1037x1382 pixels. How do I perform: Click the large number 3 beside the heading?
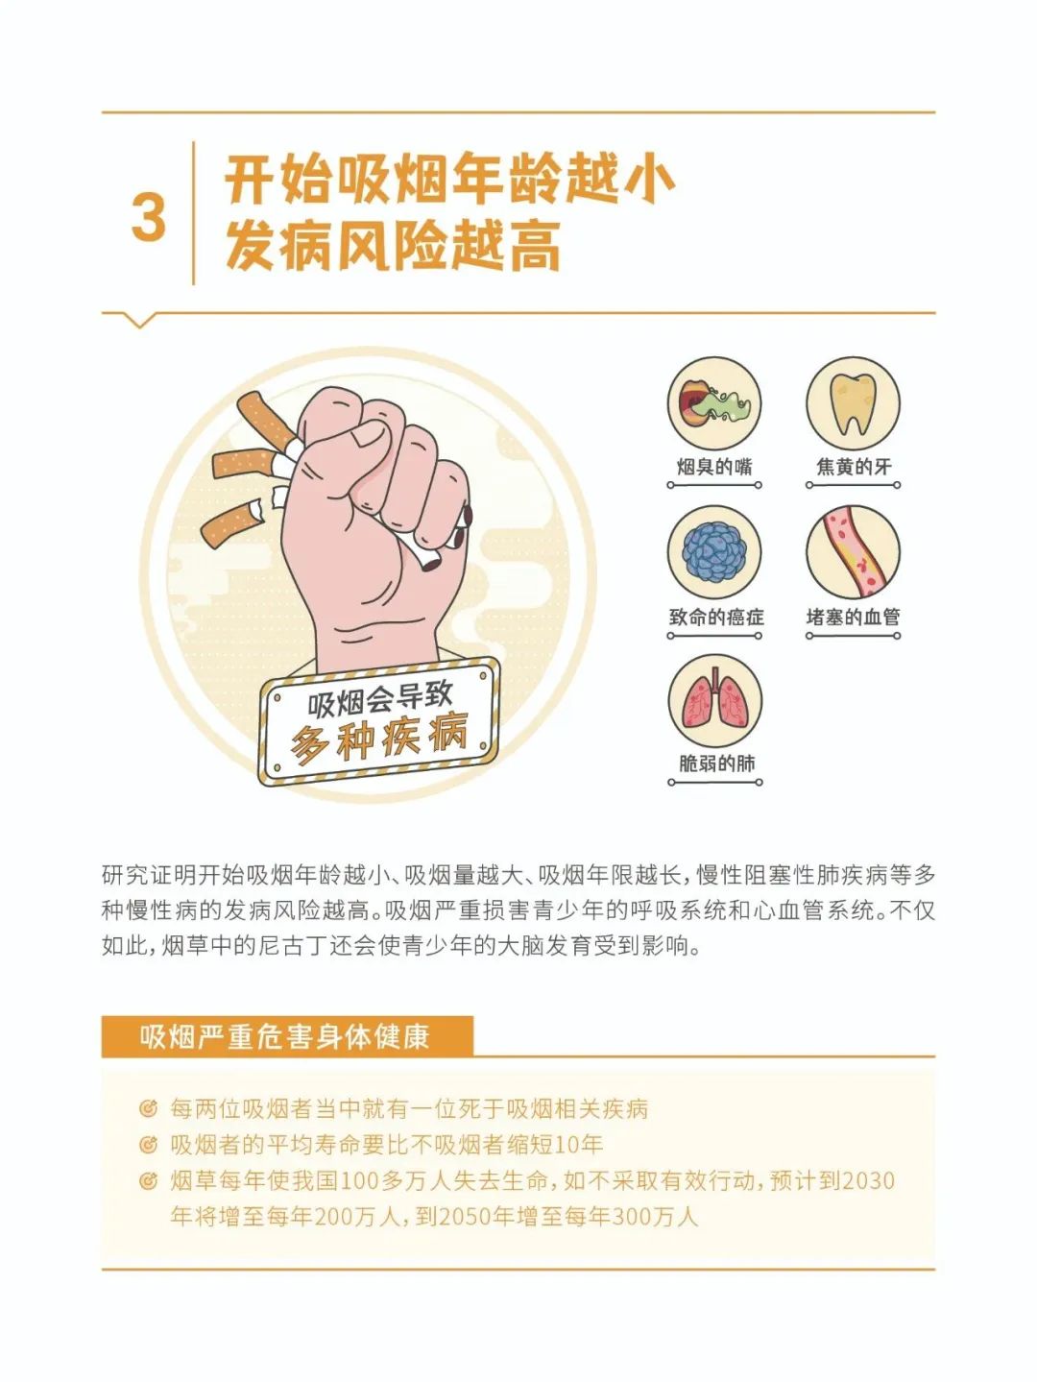coord(149,217)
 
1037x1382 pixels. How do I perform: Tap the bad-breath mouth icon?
coord(714,403)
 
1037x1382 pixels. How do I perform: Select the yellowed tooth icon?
coord(853,403)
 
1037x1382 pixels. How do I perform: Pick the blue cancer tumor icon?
coord(714,552)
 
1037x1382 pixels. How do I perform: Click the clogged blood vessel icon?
coord(853,552)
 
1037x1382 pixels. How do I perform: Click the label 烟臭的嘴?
coord(714,467)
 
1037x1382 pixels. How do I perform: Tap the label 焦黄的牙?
coord(854,467)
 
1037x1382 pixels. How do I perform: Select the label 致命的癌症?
coord(715,617)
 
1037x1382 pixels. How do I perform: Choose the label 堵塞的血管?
coord(854,617)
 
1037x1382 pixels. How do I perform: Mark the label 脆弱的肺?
coord(716,764)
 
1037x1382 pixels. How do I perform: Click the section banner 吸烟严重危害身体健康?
coord(285,1037)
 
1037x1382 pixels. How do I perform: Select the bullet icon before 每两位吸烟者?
coord(148,1109)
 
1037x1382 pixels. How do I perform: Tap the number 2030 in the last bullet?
coord(868,1180)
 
